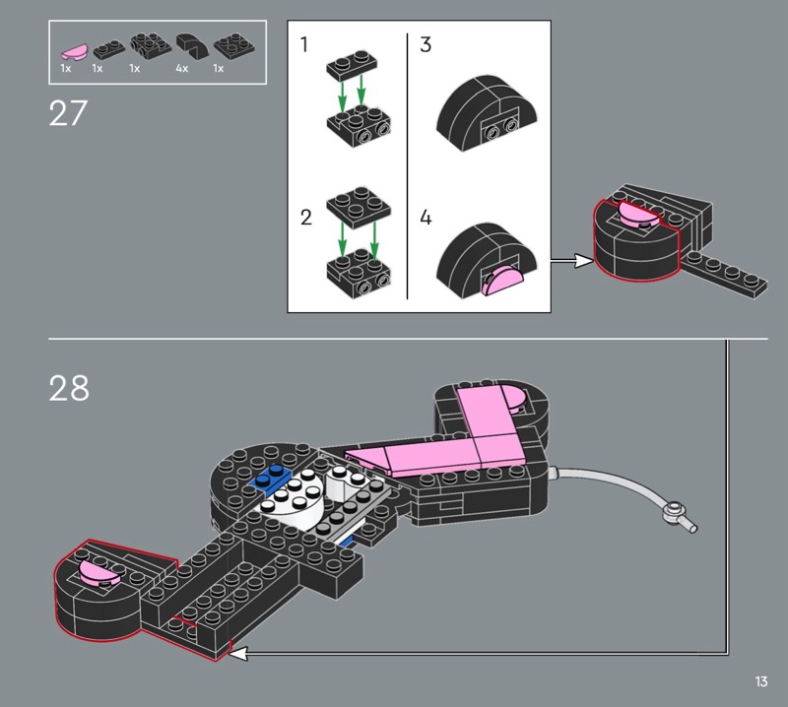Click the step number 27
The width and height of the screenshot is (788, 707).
[x=68, y=113]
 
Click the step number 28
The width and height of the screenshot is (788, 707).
[x=69, y=388]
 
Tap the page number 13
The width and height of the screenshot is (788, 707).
[x=760, y=681]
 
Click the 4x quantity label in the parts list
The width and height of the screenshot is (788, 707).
[x=182, y=68]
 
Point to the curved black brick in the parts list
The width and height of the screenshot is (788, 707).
[x=192, y=45]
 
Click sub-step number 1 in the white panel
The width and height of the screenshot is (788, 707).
[x=303, y=44]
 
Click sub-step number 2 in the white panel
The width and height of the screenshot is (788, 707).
[x=306, y=218]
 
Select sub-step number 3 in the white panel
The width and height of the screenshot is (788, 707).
[x=426, y=44]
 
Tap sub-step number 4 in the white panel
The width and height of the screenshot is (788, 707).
[x=426, y=218]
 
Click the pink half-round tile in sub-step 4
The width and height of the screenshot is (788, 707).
[x=502, y=281]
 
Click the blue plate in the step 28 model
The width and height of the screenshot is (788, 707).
[x=269, y=479]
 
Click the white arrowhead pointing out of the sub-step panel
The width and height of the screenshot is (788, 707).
[x=584, y=260]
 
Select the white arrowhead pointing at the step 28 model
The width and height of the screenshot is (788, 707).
[x=238, y=653]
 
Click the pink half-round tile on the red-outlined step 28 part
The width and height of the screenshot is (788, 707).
[x=99, y=573]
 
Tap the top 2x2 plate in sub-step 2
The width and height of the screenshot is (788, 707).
[x=357, y=207]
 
